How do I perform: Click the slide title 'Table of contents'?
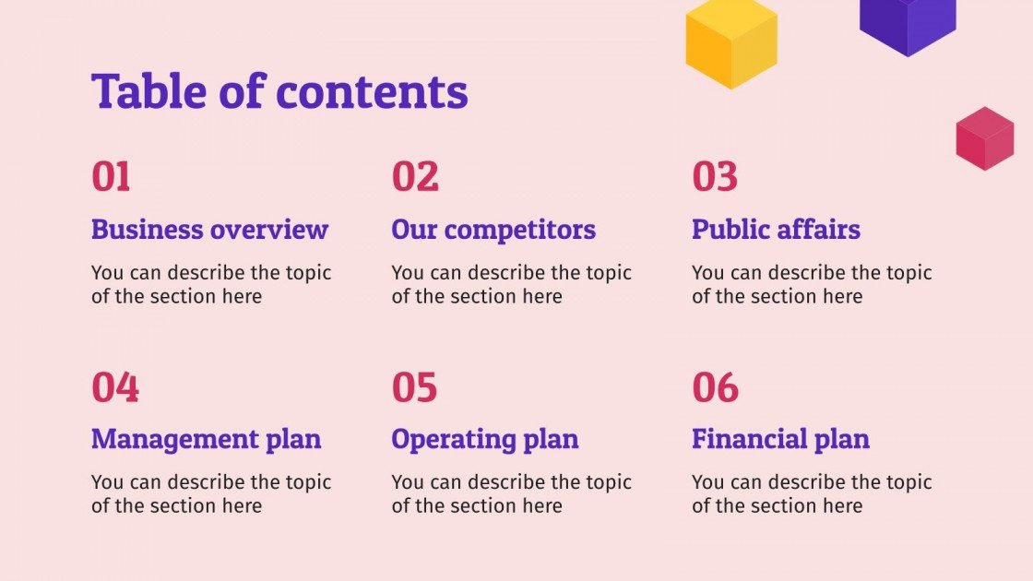click(279, 91)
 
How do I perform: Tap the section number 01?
click(111, 176)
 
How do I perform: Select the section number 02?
click(415, 176)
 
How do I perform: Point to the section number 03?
click(715, 176)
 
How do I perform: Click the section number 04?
click(115, 387)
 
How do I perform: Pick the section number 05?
click(415, 387)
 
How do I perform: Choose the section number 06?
click(716, 387)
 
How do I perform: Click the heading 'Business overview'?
click(209, 230)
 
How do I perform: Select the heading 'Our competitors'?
click(493, 230)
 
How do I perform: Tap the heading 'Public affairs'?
click(776, 230)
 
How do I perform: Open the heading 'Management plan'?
click(207, 439)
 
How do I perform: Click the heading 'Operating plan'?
click(485, 439)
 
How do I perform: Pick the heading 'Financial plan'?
click(780, 439)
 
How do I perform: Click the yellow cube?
click(731, 41)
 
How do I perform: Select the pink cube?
click(984, 138)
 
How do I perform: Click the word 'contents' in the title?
click(372, 91)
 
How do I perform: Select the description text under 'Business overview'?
click(211, 284)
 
